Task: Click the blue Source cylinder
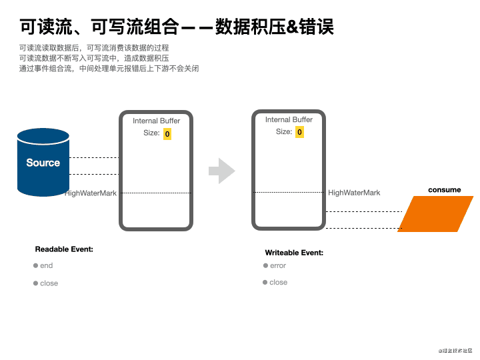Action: click(x=43, y=163)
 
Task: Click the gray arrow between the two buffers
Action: click(x=221, y=171)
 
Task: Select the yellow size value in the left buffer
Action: click(x=167, y=134)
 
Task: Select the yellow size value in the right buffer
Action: click(x=299, y=132)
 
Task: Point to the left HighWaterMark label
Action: click(x=91, y=193)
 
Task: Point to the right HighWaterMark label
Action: click(x=354, y=193)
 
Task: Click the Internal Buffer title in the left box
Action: click(x=156, y=121)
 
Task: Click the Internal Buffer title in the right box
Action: click(x=289, y=119)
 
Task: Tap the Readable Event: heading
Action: click(x=64, y=249)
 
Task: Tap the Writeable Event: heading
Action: click(x=294, y=253)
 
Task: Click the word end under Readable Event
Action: click(x=46, y=265)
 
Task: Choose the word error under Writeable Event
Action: click(x=278, y=265)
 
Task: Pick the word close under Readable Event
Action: click(x=49, y=283)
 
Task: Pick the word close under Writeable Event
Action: click(x=279, y=283)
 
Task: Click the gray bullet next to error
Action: click(x=265, y=265)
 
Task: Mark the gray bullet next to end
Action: click(x=35, y=265)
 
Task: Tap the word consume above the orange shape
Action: click(x=444, y=190)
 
